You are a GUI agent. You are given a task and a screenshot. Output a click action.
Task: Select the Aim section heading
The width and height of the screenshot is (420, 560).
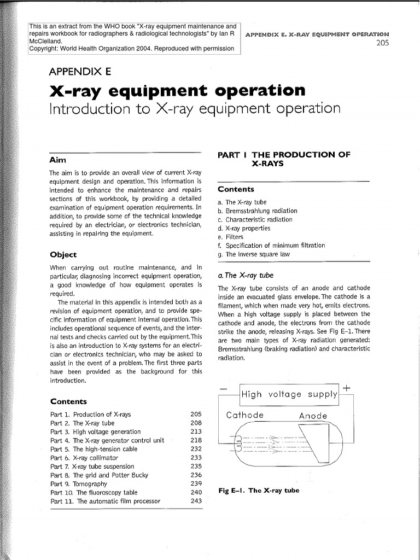[x=57, y=160]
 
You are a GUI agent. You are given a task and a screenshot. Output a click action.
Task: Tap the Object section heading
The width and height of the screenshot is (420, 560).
[x=63, y=254]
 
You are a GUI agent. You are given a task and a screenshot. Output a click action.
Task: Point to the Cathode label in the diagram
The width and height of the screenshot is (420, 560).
[x=245, y=415]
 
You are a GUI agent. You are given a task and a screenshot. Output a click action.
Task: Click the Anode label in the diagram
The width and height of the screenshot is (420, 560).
[x=313, y=416]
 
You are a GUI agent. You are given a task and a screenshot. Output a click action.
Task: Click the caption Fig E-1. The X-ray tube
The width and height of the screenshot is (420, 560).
[x=259, y=490]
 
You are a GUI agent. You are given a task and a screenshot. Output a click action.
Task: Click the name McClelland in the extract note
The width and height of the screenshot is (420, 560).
[x=46, y=40]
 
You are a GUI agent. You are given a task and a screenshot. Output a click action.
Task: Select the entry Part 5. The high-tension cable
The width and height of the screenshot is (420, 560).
[x=94, y=449]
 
